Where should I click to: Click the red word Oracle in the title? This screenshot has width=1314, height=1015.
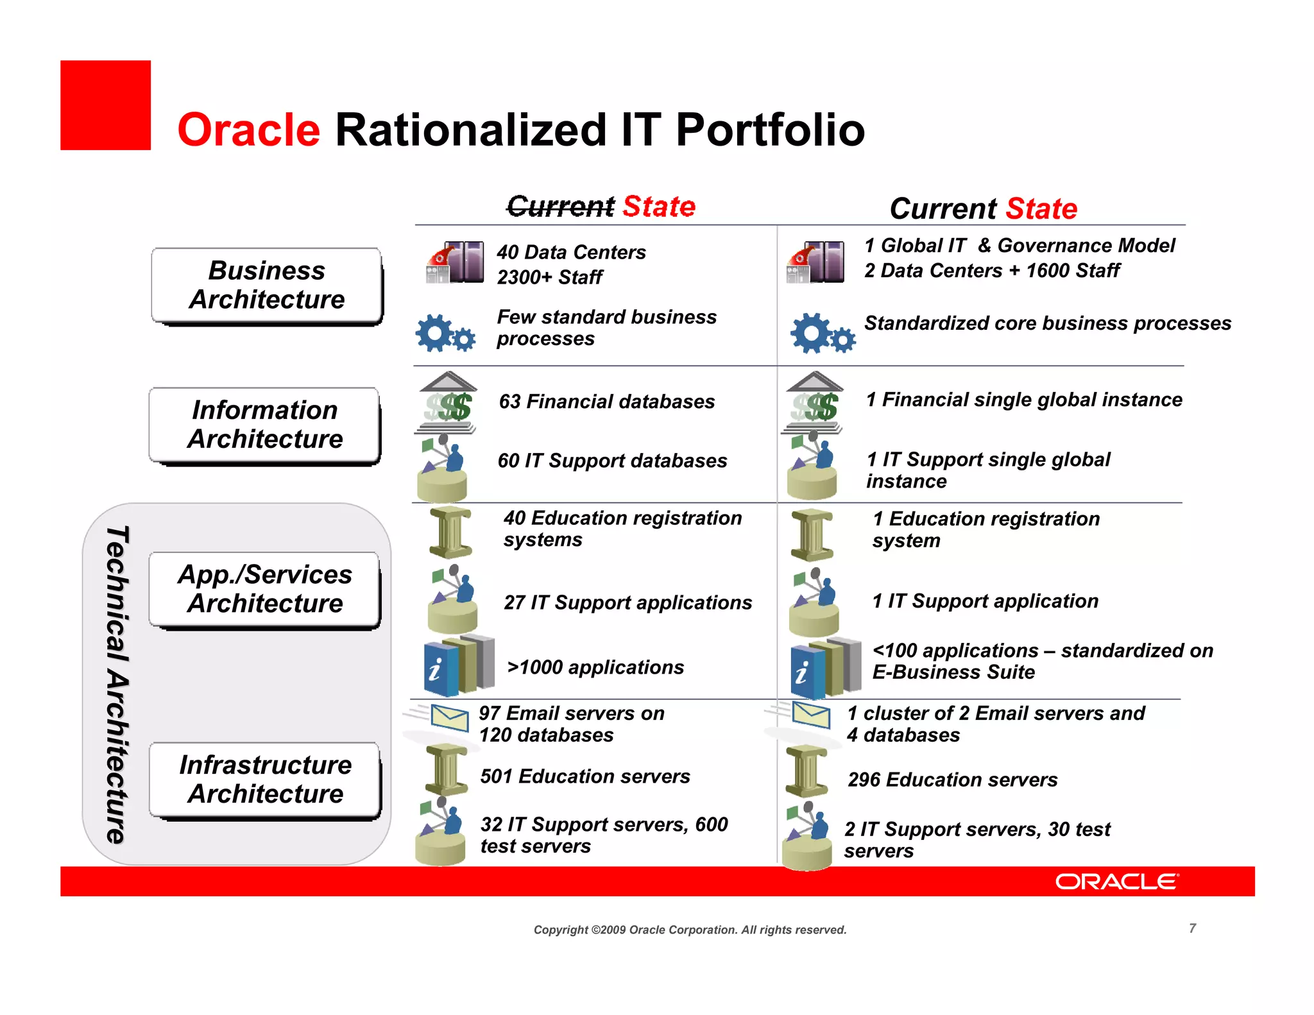(x=248, y=130)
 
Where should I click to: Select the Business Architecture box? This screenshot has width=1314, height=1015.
(x=266, y=285)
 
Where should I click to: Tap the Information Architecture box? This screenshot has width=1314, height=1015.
(x=264, y=424)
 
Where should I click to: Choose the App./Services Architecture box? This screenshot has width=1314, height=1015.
(x=264, y=589)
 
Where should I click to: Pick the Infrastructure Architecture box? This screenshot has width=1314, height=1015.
(x=265, y=779)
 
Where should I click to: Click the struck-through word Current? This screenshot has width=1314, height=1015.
(x=560, y=207)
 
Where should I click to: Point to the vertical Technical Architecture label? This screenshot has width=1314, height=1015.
(x=117, y=684)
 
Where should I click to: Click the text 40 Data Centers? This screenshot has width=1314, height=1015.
(x=571, y=252)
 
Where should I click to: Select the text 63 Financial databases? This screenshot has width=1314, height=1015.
(x=606, y=402)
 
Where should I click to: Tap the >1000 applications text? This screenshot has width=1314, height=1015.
(x=595, y=667)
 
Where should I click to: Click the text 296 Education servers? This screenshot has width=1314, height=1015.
(x=952, y=780)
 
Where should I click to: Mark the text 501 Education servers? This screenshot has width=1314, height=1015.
(x=584, y=776)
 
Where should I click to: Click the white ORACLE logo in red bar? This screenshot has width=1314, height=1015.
(x=1116, y=882)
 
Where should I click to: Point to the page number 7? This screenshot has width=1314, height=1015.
(x=1192, y=928)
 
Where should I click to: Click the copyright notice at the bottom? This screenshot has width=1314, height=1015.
(x=690, y=930)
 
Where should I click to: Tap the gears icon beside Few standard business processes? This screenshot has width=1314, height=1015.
(x=445, y=333)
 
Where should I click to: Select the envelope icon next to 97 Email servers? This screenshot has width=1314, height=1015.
(x=448, y=717)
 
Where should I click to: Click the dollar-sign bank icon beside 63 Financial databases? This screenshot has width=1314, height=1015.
(x=448, y=403)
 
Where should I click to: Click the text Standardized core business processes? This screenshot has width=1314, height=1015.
(x=1047, y=323)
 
